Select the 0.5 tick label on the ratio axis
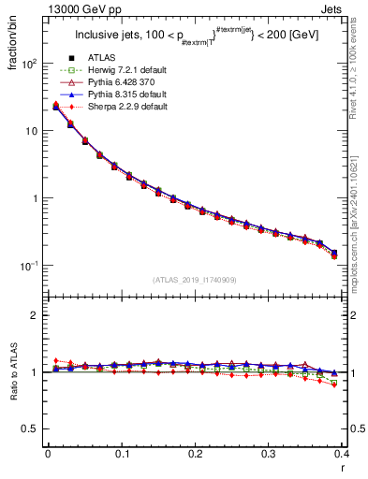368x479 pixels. pos(33,428)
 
